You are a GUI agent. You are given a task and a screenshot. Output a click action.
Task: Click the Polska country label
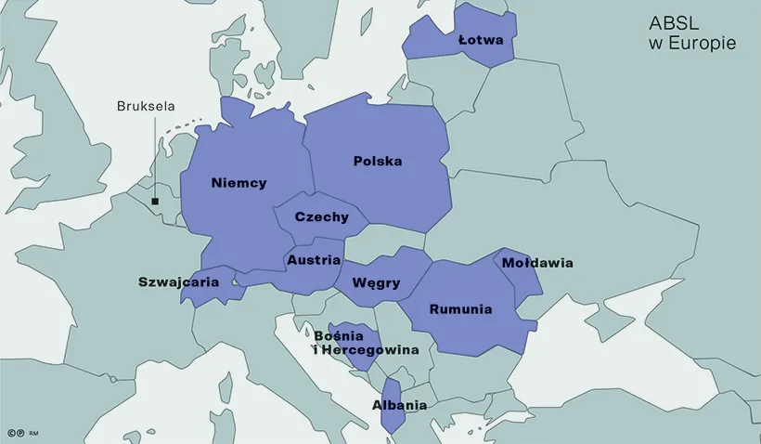pos(378,161)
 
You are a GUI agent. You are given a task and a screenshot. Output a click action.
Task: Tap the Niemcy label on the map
pos(239,182)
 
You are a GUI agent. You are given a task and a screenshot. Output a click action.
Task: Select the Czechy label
pos(321,217)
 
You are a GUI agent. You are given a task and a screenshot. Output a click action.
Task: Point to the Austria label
pos(314,260)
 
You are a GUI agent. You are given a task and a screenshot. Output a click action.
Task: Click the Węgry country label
pos(377,283)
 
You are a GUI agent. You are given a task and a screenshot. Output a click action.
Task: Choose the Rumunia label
pos(459,309)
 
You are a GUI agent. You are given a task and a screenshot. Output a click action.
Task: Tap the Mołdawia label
pos(537,263)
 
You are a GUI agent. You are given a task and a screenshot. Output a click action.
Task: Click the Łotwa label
pos(481,41)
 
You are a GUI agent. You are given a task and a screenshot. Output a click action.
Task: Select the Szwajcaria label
pos(178,281)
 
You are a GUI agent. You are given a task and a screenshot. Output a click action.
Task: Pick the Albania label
pos(399,405)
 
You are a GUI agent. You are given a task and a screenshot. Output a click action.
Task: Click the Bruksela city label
pos(146,106)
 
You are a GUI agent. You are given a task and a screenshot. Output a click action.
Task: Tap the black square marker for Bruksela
pos(155,201)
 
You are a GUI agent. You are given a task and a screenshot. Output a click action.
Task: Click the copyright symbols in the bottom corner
pos(15,433)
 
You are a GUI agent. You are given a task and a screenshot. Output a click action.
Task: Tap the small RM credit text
pos(33,433)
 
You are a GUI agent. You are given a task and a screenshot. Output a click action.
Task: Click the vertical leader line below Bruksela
pos(155,158)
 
